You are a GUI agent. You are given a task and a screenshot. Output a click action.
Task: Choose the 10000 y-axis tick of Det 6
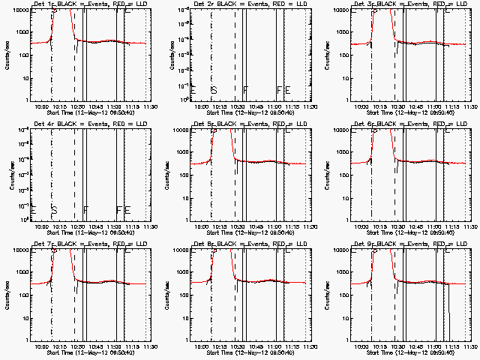[x=339, y=130]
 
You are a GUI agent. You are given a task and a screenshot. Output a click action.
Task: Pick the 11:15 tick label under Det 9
[x=453, y=346]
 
